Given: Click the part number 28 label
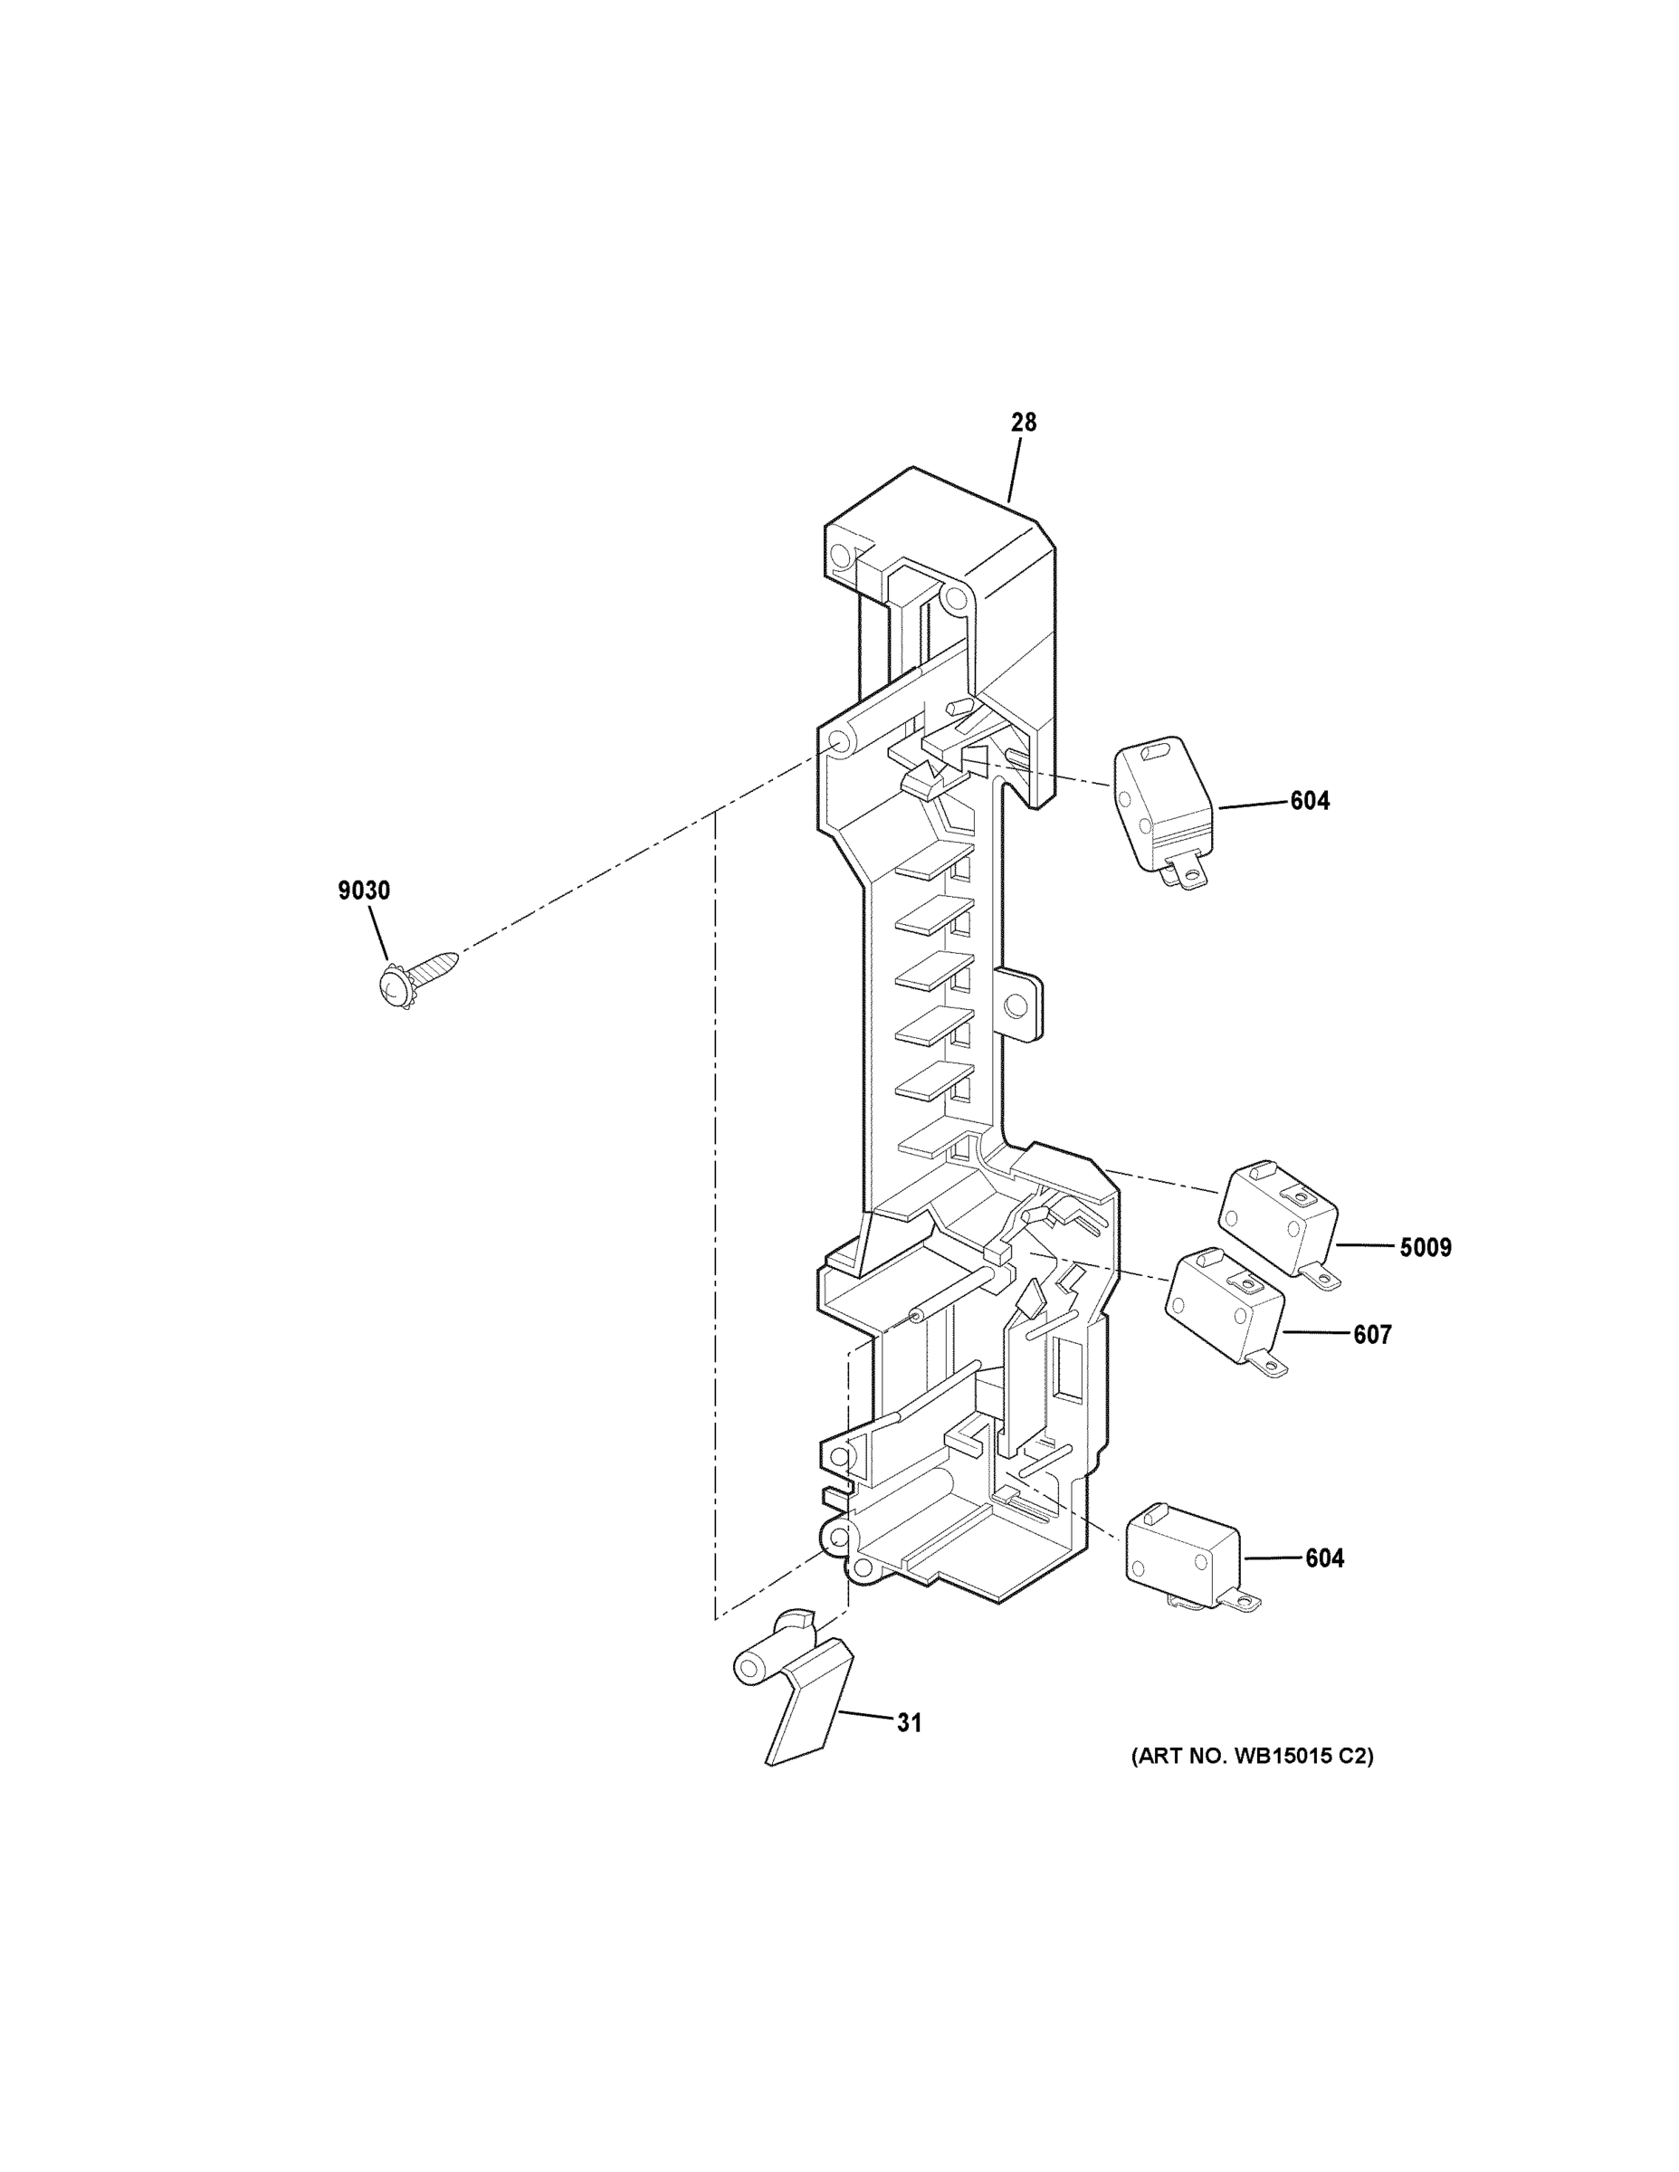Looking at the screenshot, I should tap(1024, 423).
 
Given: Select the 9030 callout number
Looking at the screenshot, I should tap(364, 891).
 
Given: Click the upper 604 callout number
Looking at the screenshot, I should tap(1309, 801).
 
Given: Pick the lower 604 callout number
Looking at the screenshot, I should tap(1324, 1558).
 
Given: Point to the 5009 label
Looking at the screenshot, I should tap(1425, 1247).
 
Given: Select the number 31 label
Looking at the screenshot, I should tap(909, 1723).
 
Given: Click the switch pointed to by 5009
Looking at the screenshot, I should tap(1277, 1216).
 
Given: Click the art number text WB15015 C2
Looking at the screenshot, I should tap(1251, 1757).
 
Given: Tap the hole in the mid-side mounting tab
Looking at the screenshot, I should tap(1016, 1006).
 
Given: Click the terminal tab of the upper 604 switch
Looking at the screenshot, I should tap(1188, 874).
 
